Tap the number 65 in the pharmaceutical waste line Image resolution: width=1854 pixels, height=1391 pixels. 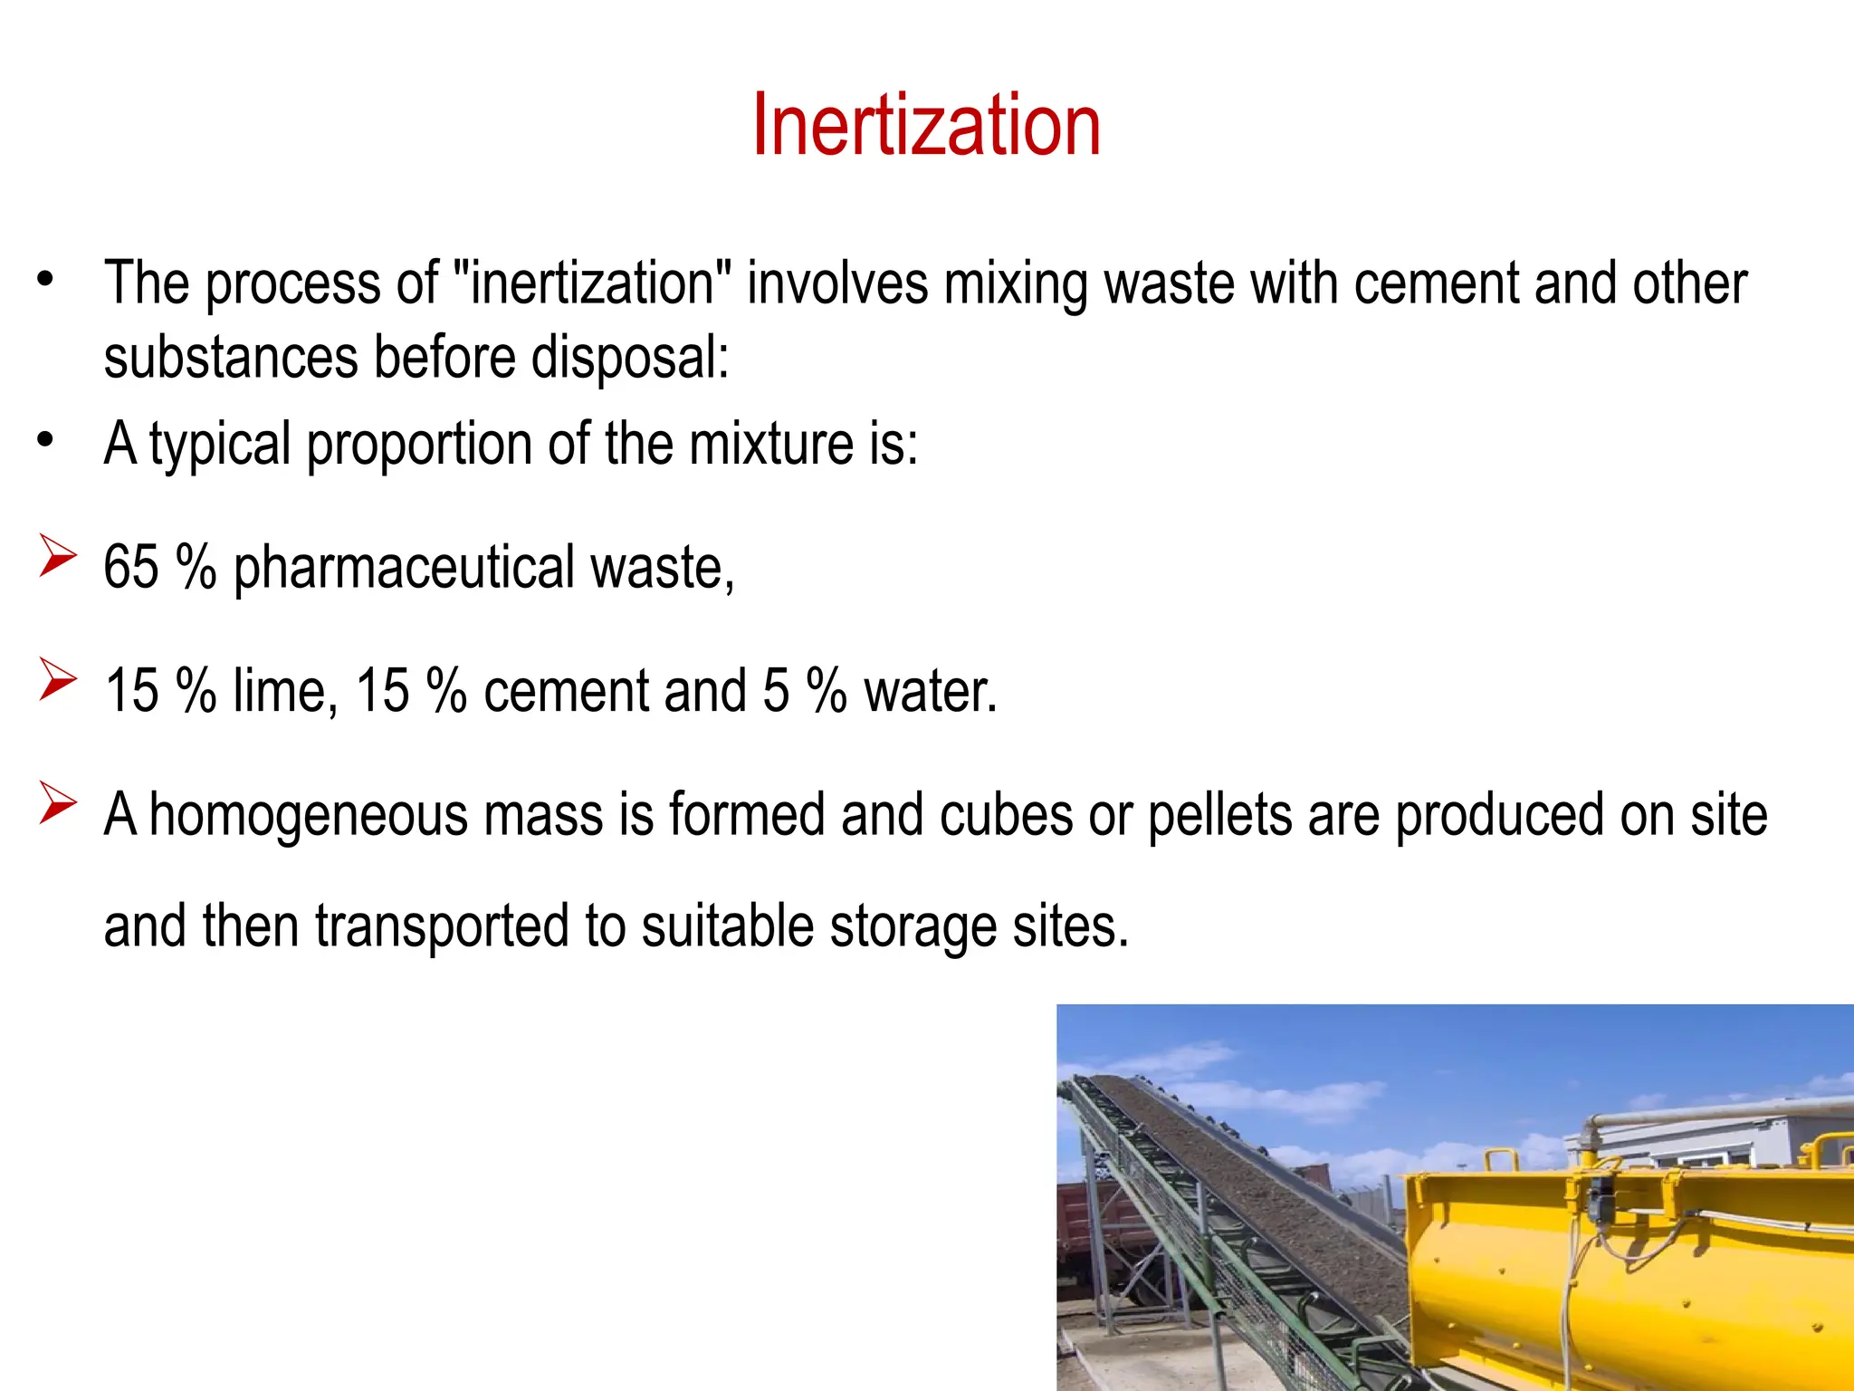[x=131, y=568]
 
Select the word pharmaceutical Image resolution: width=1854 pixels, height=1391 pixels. [x=404, y=568]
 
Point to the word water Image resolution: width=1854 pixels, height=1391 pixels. [x=930, y=691]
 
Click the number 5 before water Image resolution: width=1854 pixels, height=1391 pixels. [x=776, y=691]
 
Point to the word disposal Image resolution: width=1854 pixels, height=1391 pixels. [x=629, y=358]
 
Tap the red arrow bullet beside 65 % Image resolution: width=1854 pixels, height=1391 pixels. [x=57, y=556]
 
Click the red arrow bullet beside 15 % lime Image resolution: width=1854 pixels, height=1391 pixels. [x=57, y=679]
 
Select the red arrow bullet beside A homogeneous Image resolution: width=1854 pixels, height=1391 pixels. [x=57, y=803]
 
